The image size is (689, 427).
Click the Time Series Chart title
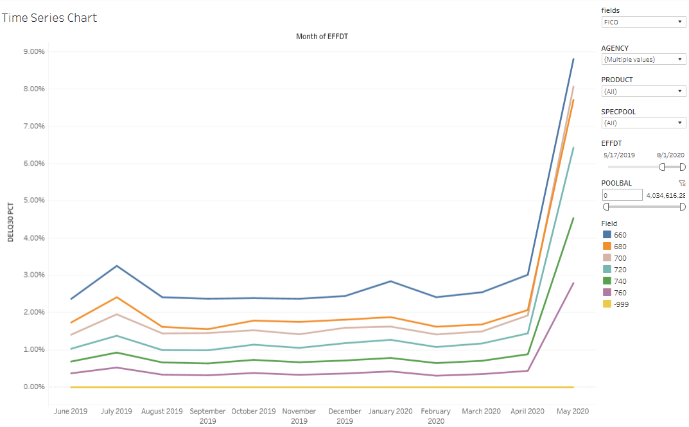(x=49, y=18)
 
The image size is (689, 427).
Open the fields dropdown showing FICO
(x=644, y=22)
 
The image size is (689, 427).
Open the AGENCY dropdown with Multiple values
(x=644, y=59)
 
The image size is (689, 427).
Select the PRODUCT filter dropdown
(x=644, y=91)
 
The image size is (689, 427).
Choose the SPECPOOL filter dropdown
(x=644, y=123)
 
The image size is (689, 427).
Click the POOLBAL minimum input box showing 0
(x=622, y=195)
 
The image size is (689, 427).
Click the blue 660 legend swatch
(x=607, y=235)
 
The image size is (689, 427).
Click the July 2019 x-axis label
(x=116, y=412)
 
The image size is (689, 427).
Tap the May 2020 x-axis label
(x=573, y=412)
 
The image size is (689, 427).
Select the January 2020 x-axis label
(x=390, y=412)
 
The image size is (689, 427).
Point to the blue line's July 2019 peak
(x=116, y=266)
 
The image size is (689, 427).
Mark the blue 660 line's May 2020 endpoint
(x=573, y=59)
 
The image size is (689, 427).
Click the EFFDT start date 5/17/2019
(x=619, y=155)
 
